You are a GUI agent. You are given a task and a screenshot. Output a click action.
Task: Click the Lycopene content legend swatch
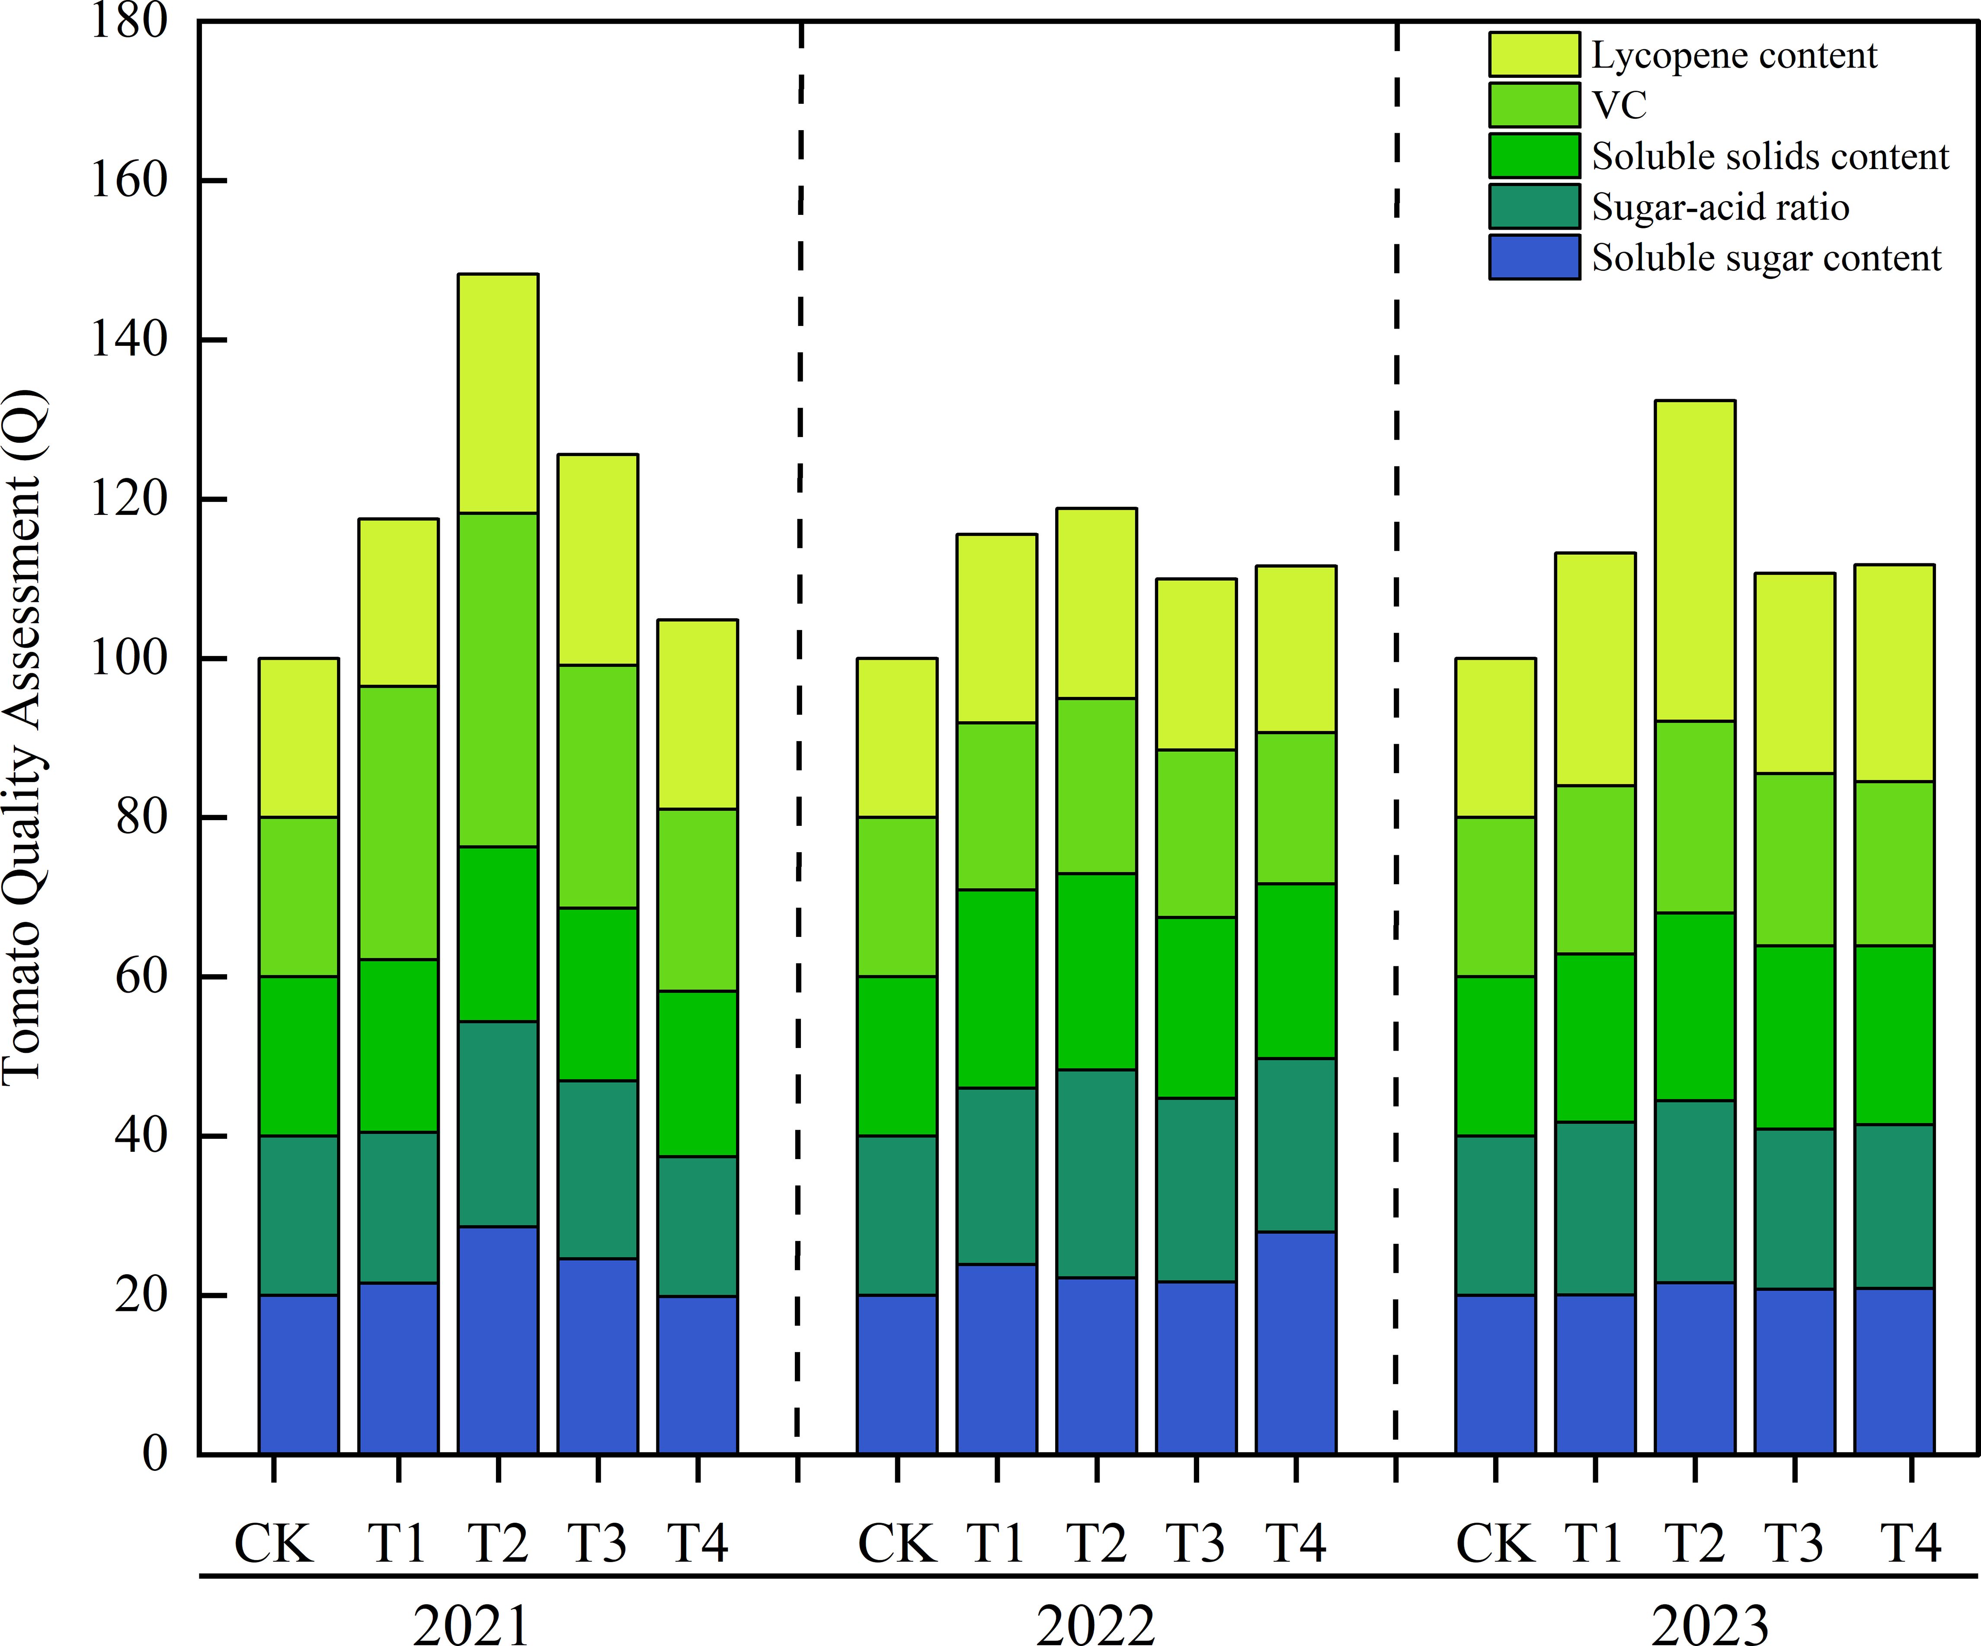click(x=1534, y=55)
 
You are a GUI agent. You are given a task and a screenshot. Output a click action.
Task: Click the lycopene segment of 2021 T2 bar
click(x=498, y=393)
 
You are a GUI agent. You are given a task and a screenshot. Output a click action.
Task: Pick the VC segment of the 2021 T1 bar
click(x=398, y=822)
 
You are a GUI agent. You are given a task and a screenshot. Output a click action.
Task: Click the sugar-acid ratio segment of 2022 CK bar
click(x=896, y=1215)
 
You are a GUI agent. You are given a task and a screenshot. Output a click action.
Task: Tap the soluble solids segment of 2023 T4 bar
click(x=1894, y=1035)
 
